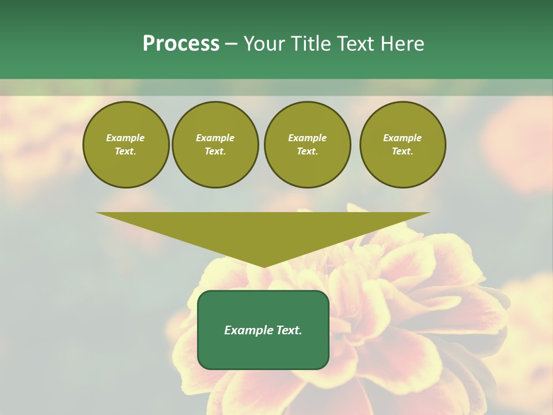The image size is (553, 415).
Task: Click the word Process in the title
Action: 181,44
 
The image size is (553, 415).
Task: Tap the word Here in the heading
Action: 402,44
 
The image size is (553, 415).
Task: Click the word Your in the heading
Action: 266,44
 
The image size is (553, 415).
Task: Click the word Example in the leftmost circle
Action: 126,138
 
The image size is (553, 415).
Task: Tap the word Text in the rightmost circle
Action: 402,152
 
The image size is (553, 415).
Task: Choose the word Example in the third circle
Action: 307,138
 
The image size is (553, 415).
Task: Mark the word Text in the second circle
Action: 215,152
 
